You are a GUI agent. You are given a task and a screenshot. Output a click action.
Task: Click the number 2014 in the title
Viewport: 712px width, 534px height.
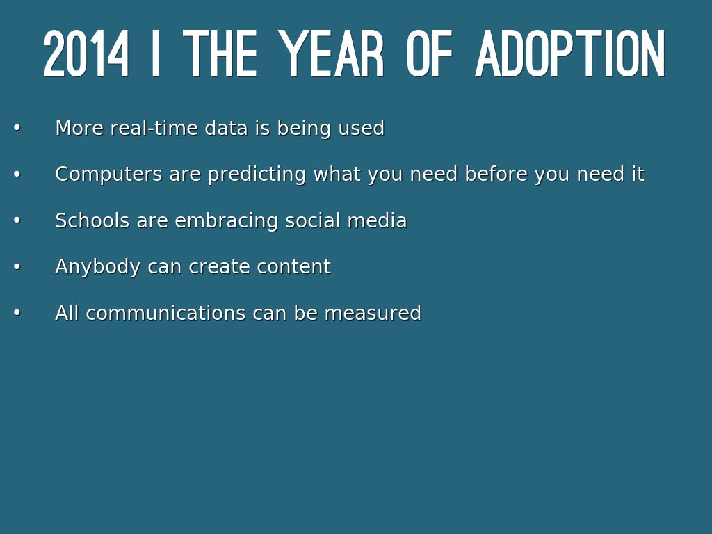[x=86, y=54]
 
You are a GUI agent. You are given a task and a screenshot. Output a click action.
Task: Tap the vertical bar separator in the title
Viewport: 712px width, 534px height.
[x=155, y=54]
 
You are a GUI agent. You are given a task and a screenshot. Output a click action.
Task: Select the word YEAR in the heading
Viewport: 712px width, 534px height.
[x=331, y=54]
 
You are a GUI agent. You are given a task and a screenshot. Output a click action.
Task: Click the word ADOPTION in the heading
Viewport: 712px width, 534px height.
[x=570, y=54]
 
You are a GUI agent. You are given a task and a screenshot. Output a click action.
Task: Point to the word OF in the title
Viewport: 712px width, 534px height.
[x=430, y=54]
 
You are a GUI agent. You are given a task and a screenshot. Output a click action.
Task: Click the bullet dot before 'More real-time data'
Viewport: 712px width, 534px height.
[x=17, y=128]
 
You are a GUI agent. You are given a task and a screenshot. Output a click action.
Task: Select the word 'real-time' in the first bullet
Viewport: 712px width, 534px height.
[x=154, y=128]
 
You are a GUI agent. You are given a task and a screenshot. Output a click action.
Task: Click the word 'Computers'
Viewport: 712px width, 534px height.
[x=108, y=175]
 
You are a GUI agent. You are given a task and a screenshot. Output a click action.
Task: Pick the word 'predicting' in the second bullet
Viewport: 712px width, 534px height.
[x=257, y=175]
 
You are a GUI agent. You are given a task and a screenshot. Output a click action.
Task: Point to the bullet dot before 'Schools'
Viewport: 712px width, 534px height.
[x=17, y=220]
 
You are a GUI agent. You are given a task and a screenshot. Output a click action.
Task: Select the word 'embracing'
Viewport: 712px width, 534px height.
[x=226, y=221]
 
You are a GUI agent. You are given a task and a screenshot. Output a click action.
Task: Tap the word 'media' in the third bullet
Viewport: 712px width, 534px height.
[x=377, y=220]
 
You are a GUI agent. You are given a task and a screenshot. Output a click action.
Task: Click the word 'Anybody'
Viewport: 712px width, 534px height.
[x=97, y=267]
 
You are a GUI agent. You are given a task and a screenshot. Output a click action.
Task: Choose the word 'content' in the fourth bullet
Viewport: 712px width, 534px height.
[x=294, y=267]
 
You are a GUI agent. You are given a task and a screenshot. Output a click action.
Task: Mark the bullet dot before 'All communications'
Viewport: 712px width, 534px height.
[x=17, y=313]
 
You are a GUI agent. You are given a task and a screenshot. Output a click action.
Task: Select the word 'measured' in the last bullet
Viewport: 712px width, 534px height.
[x=373, y=314]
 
